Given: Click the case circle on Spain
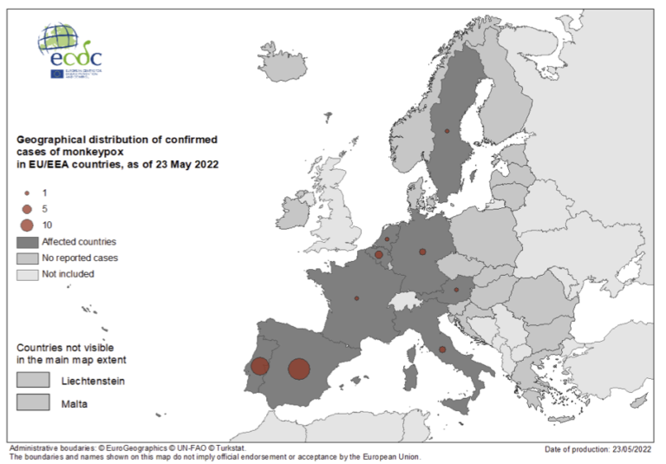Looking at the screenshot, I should (298, 369).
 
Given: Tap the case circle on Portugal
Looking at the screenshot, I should (258, 367).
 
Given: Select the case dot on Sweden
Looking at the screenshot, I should (447, 131).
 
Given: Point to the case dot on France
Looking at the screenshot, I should (356, 298).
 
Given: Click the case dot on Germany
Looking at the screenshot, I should (422, 252).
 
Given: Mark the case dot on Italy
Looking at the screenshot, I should (442, 350).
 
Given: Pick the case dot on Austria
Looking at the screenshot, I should (456, 290).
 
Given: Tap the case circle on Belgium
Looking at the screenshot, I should (378, 255).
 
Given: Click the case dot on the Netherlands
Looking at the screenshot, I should (387, 239).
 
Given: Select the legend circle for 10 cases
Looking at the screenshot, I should (27, 225).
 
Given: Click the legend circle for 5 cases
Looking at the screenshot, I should (27, 208).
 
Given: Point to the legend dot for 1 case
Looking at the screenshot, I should (27, 193).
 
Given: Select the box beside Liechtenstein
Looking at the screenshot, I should (33, 381).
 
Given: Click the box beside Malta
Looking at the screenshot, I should (33, 402).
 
